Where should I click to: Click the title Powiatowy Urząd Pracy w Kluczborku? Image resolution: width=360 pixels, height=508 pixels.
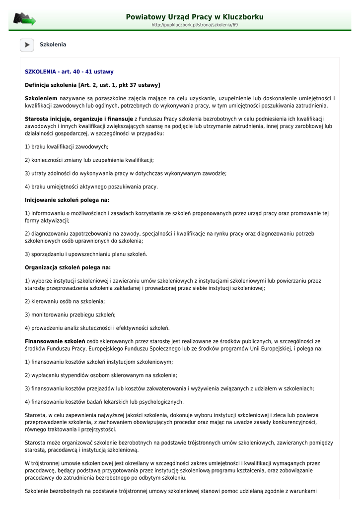click(195, 17)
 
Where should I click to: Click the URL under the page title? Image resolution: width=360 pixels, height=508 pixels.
click(195, 25)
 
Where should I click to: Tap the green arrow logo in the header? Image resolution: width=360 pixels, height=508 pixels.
click(24, 19)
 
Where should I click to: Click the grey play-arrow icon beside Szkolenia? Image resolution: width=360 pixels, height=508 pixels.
click(27, 45)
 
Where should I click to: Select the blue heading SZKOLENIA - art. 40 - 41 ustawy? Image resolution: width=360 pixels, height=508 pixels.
click(69, 72)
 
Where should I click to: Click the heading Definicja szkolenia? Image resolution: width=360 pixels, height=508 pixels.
click(92, 85)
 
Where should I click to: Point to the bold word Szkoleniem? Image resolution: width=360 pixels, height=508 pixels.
click(41, 98)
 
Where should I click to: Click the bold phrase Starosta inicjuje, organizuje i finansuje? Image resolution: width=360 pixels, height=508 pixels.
click(79, 119)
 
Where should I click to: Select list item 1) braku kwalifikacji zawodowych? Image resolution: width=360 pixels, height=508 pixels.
click(67, 147)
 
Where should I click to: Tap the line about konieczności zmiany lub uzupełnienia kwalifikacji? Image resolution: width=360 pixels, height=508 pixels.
click(89, 160)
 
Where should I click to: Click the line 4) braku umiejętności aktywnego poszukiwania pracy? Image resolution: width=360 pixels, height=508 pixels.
click(91, 187)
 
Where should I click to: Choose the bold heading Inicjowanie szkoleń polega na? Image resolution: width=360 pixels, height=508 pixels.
click(67, 200)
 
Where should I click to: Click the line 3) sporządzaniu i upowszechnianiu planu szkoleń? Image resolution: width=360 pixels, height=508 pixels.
click(86, 254)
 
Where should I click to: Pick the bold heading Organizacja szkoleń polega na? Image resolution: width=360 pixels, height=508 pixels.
click(68, 268)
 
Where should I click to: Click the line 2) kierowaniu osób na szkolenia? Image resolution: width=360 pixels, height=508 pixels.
click(65, 301)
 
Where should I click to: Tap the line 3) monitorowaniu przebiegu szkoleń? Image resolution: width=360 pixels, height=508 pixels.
click(70, 315)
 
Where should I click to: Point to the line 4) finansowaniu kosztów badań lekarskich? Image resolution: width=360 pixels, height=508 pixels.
click(104, 402)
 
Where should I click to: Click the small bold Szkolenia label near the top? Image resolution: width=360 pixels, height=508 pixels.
click(53, 45)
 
